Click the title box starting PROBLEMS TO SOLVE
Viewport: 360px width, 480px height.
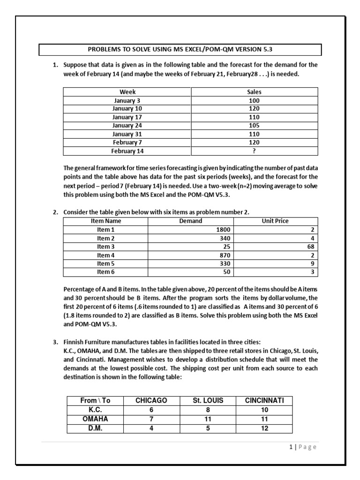pos(180,50)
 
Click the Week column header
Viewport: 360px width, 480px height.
pos(127,92)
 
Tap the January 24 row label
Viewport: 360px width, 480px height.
pos(127,126)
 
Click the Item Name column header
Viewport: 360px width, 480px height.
pos(105,221)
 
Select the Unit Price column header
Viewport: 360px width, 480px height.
pos(275,221)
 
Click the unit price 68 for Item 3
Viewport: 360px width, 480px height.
pos(311,247)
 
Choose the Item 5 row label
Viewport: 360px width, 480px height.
pos(105,263)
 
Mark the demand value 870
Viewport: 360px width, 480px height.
pos(224,255)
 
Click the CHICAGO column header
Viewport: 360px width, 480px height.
pos(151,400)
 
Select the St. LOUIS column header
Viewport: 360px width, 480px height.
pos(208,400)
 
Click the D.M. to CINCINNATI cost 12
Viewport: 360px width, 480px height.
pos(264,428)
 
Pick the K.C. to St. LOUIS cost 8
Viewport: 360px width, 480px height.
pos(208,410)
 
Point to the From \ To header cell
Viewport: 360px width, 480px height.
pos(95,400)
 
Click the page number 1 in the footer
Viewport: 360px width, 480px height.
pos(291,447)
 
